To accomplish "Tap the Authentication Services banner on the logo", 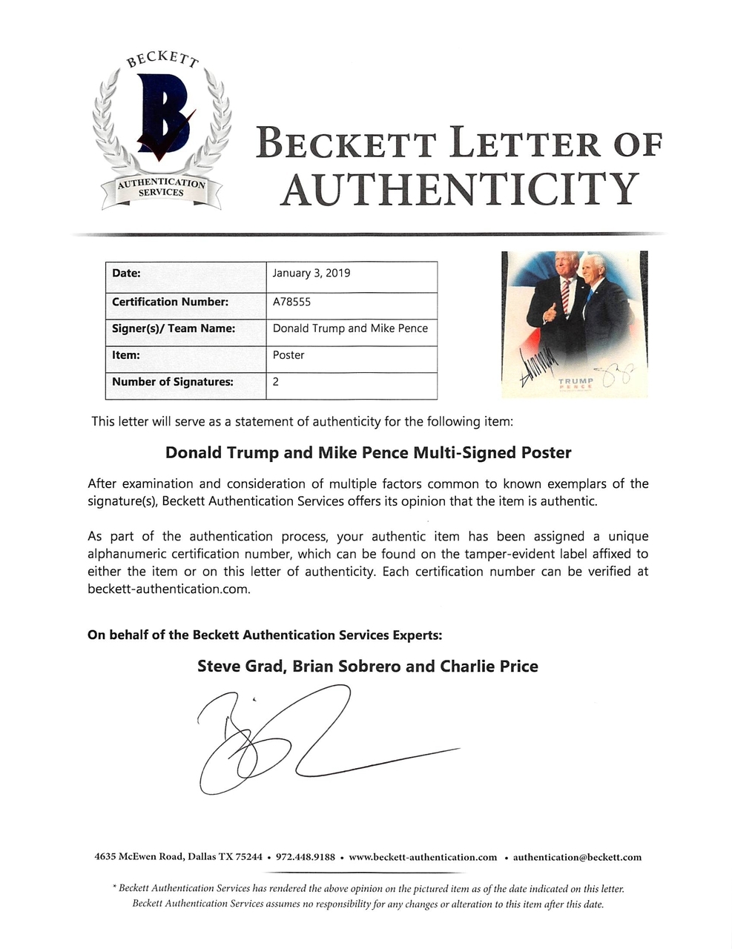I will (x=161, y=188).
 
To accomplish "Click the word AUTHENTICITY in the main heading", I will (x=459, y=189).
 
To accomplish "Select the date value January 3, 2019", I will (x=311, y=273).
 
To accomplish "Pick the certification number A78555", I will (x=291, y=302).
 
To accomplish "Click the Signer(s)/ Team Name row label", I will (x=174, y=328).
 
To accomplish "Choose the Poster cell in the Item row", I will (x=288, y=355).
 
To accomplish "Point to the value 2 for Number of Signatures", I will (x=276, y=382).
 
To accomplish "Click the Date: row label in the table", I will (x=126, y=273).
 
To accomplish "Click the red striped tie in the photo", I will (x=566, y=296).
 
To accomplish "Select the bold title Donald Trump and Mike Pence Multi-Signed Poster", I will (x=368, y=452).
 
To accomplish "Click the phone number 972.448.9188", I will (x=305, y=857).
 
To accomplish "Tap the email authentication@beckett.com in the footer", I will (x=577, y=857).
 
